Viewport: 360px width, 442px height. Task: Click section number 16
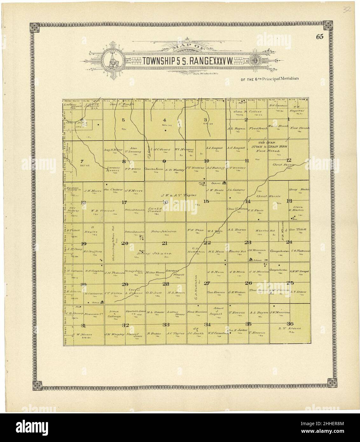tap(165, 202)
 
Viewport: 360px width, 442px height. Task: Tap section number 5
tap(123, 120)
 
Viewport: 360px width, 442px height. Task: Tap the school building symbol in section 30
tap(102, 302)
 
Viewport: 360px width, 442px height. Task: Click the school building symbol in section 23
tap(251, 260)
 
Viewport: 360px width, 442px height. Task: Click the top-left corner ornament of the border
tap(34, 27)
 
